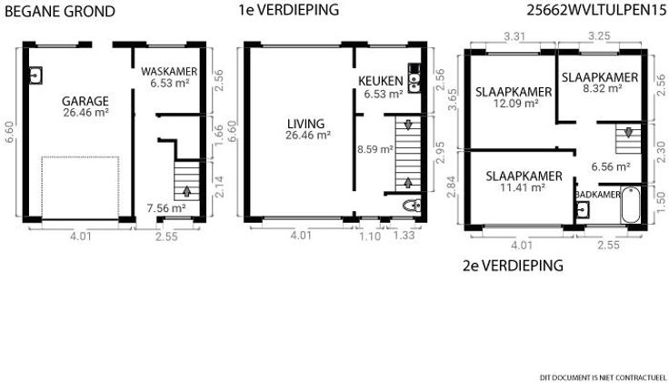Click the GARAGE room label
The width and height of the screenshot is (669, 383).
coord(85,101)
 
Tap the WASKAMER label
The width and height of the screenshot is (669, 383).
coord(169,71)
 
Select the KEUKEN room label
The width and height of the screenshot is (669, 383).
coord(381,81)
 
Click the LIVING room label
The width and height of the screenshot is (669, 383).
coord(306,124)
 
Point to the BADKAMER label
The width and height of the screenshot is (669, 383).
coord(598,195)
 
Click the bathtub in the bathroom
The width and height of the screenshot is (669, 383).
coord(631,205)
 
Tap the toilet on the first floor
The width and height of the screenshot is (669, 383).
coord(412,206)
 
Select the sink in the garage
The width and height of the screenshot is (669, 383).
coord(35,76)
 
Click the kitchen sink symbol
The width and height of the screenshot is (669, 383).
coord(414,78)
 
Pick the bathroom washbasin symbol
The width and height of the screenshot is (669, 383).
coord(583,209)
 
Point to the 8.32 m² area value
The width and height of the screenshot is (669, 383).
coord(602,88)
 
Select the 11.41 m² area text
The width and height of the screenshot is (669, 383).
coord(523,187)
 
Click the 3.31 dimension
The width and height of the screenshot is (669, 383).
coord(514,36)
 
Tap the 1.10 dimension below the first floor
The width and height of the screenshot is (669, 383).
coord(370,236)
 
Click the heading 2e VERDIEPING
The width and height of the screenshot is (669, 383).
coord(513,266)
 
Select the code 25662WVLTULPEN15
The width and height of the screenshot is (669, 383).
coord(596,10)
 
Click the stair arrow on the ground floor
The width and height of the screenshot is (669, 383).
coord(187,191)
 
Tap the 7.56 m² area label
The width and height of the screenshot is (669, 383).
coord(166,208)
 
